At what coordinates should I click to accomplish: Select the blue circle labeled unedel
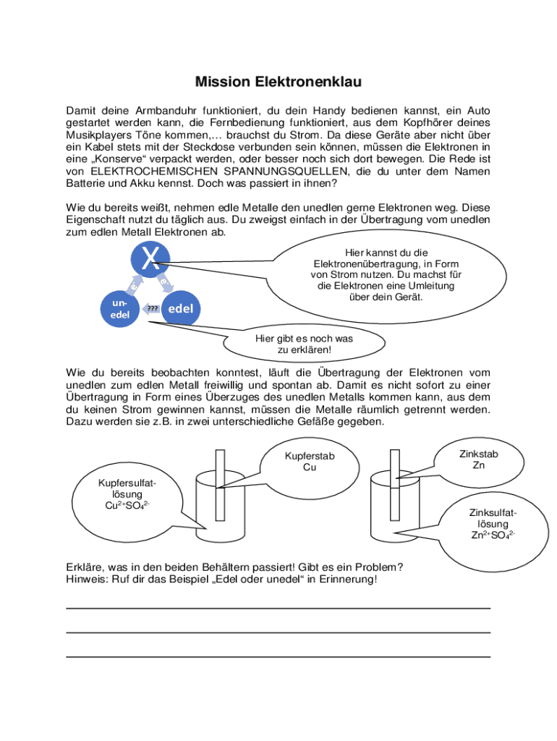pos(120,309)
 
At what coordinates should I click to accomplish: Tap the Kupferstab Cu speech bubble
pos(310,462)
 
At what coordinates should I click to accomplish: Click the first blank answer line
pos(278,609)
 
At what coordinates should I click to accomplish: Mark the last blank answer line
pos(278,656)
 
